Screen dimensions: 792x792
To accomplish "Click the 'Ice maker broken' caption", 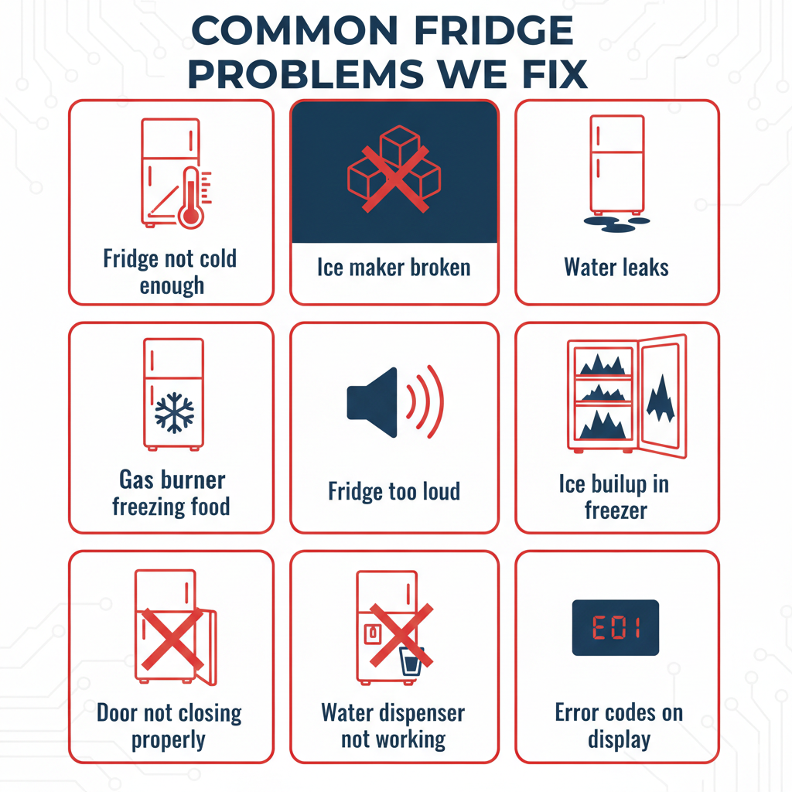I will pyautogui.click(x=394, y=268).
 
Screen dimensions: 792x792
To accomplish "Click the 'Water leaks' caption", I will pyautogui.click(x=616, y=268).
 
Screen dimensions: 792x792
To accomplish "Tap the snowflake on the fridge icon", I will pyautogui.click(x=174, y=412).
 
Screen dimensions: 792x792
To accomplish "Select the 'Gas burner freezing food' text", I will pyautogui.click(x=171, y=493).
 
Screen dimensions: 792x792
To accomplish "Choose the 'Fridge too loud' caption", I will pyautogui.click(x=394, y=491).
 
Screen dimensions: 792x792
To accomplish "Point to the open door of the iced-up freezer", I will pyautogui.click(x=663, y=394).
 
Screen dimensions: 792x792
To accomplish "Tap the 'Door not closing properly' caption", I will pyautogui.click(x=170, y=725).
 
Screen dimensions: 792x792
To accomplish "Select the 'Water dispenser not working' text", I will pyautogui.click(x=394, y=725).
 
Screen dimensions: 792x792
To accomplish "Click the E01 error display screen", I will pyautogui.click(x=616, y=627).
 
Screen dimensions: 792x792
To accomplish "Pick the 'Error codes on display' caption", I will pyautogui.click(x=619, y=725).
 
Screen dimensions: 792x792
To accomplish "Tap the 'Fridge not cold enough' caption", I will pyautogui.click(x=171, y=271).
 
